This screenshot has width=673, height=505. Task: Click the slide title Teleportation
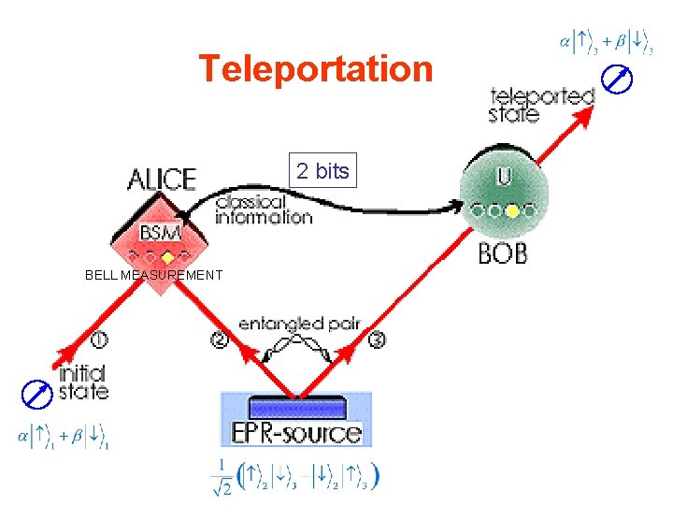pos(316,69)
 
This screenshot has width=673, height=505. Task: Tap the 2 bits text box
pos(322,170)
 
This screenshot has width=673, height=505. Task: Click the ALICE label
pos(163,179)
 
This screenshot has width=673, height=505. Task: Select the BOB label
pos(502,252)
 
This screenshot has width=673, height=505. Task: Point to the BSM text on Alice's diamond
pos(161,231)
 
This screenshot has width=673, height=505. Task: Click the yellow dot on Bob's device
pos(512,211)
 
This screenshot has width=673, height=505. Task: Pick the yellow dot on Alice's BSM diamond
pos(167,256)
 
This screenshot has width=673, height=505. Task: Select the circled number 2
pos(219,340)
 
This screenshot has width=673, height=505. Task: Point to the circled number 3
pos(377,340)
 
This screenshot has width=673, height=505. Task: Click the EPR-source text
pos(295,433)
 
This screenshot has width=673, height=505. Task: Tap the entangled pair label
pos(299,325)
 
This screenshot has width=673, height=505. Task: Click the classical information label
pos(263,209)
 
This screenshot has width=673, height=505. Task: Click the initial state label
pos(83,382)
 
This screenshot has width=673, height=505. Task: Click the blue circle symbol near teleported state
pos(619,80)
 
